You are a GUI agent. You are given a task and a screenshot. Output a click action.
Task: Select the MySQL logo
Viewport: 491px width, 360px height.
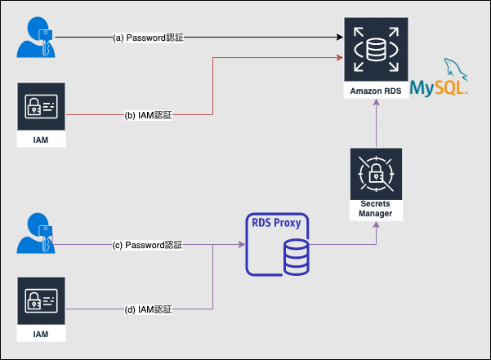440,81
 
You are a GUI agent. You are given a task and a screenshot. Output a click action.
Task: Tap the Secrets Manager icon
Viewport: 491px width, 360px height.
376,173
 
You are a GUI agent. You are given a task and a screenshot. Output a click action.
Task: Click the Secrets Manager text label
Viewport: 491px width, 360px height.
376,208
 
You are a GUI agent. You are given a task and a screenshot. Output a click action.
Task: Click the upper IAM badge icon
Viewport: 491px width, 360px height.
40,107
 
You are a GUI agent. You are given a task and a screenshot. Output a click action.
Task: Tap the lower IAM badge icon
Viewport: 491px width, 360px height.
40,301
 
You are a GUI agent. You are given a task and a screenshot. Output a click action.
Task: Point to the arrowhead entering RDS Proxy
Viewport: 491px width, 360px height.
241,244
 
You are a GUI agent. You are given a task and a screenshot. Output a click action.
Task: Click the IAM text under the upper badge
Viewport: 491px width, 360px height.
40,140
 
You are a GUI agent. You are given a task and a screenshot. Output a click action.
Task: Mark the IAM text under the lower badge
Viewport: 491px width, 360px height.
40,335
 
